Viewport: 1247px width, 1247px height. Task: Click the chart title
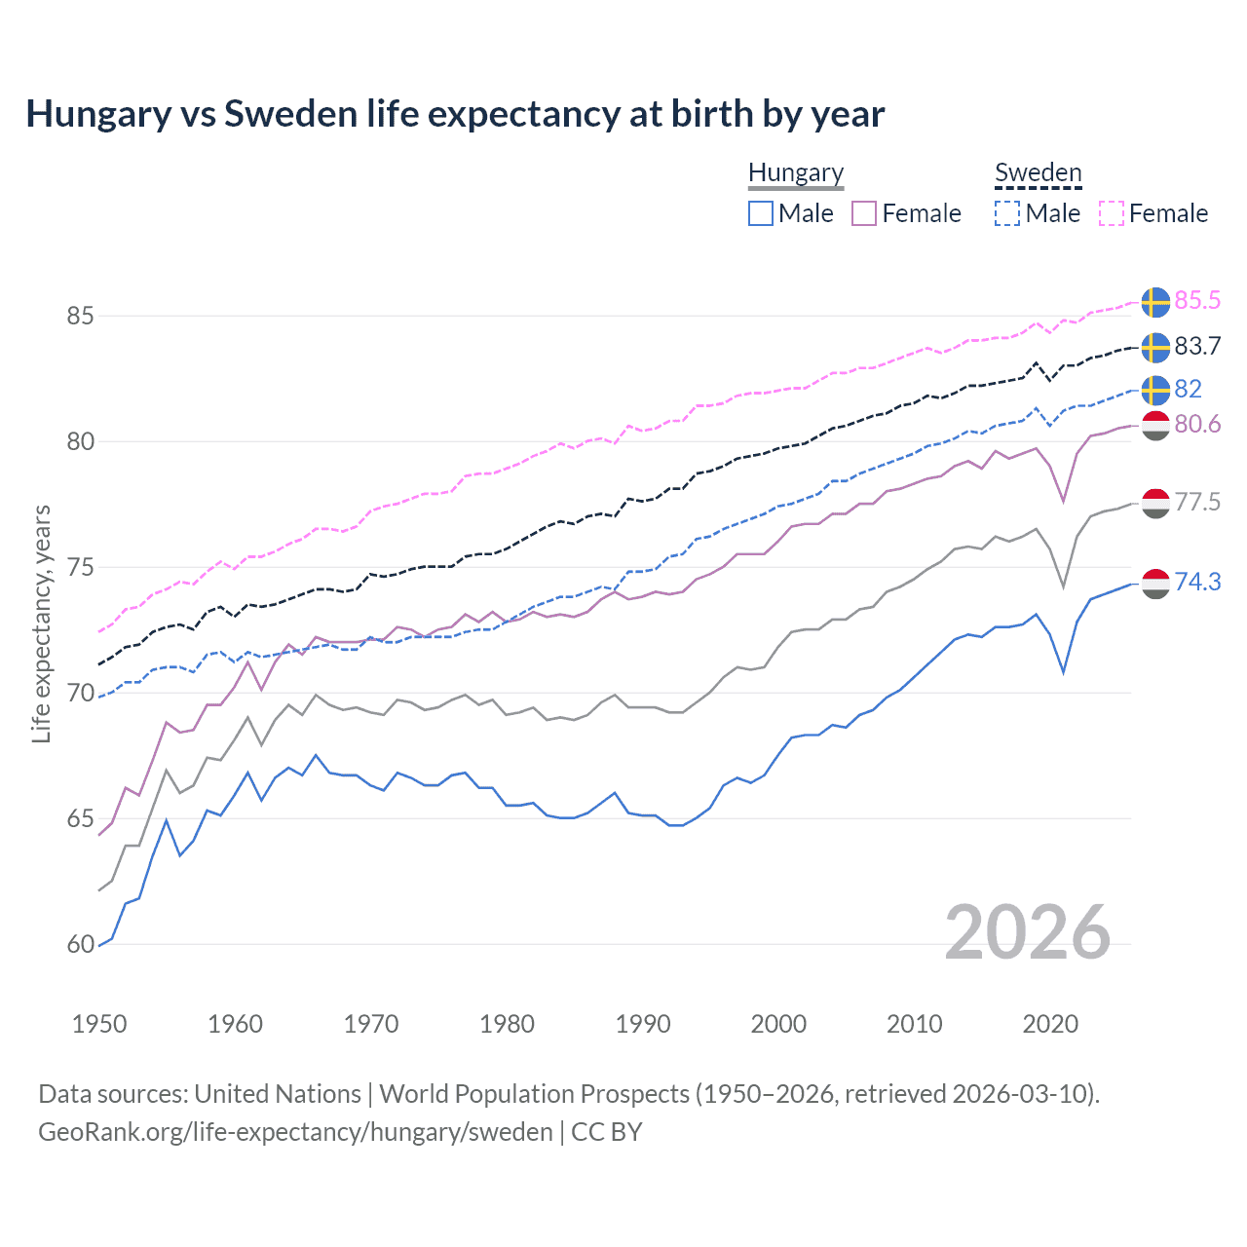[455, 114]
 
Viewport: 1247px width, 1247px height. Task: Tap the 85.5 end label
[1197, 301]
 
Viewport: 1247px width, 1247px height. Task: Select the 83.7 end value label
[1197, 347]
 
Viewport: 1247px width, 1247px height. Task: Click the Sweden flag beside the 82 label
[1155, 390]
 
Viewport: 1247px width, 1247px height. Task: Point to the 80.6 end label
[1197, 425]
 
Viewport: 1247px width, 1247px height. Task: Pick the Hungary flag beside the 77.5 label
[1155, 503]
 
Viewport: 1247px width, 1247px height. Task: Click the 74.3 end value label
[1197, 583]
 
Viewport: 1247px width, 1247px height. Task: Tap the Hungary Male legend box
[761, 213]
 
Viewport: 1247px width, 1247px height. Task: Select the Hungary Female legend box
[864, 213]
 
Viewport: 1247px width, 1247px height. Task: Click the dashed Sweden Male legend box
[1007, 213]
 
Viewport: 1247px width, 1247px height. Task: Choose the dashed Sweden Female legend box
[1112, 213]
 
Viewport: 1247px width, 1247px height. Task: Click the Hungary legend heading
[796, 173]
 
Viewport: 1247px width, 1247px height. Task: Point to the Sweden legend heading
[1038, 173]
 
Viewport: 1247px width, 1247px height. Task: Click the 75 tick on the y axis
[81, 568]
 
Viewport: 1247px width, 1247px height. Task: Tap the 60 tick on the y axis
[81, 945]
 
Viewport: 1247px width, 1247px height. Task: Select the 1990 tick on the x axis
[643, 1024]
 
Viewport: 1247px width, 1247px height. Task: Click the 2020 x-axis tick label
[1050, 1024]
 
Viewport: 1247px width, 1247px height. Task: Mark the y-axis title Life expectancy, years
[42, 623]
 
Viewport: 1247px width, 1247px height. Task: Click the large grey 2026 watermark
[1028, 933]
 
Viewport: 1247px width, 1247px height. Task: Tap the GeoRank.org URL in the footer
[295, 1132]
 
